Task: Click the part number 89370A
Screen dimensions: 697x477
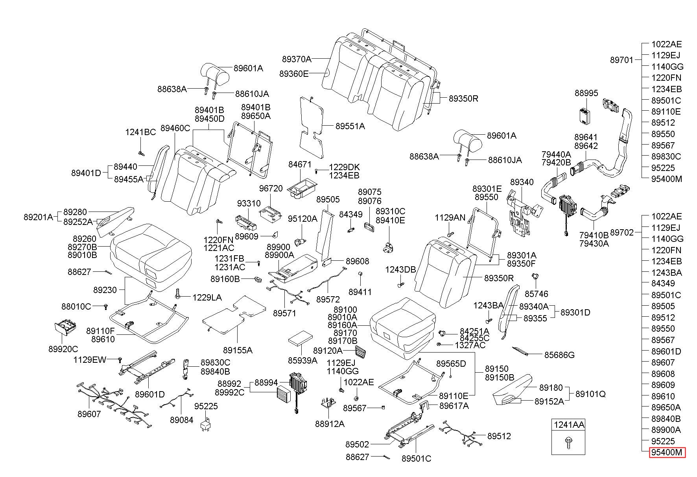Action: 297,59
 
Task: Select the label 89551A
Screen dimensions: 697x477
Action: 350,126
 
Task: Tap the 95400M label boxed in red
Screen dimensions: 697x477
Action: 667,453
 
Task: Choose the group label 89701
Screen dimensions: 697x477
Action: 622,60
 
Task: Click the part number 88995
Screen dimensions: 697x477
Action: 586,93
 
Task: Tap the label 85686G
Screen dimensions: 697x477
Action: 559,355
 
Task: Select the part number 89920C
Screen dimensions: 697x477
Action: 63,349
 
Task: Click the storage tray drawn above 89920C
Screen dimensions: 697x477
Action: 65,328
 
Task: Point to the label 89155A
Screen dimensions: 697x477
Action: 238,350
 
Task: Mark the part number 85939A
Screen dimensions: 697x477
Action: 302,360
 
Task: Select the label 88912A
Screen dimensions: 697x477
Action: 330,424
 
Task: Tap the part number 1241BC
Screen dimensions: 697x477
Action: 140,132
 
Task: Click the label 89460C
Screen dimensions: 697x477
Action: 175,128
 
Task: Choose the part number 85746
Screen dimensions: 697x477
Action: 537,294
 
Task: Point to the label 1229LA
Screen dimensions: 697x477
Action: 207,298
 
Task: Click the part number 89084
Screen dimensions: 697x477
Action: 182,420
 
